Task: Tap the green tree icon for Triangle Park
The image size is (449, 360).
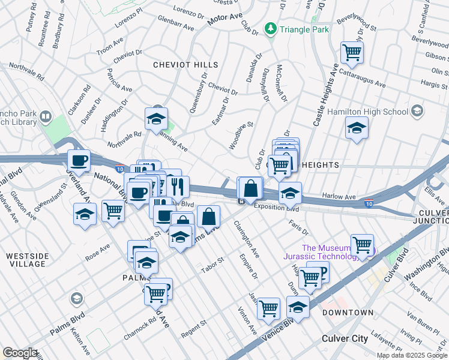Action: [x=271, y=28]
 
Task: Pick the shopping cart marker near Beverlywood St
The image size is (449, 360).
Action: [x=352, y=52]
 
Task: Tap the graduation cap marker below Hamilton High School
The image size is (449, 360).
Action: [x=357, y=128]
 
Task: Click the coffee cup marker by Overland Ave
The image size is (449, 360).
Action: [x=79, y=161]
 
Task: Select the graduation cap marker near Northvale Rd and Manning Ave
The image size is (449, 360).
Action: [x=156, y=119]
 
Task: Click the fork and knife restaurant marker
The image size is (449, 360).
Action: [x=178, y=187]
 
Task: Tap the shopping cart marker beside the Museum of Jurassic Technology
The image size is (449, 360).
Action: [x=362, y=245]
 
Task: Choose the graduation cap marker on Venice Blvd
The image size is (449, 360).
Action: [x=298, y=307]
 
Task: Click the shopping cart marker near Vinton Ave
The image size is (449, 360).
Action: [x=268, y=308]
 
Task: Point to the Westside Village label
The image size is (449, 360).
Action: [x=26, y=260]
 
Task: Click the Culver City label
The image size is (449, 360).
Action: [x=345, y=338]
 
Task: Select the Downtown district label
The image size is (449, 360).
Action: [x=348, y=313]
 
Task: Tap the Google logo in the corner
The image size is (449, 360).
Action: [x=20, y=353]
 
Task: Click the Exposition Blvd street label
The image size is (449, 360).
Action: [x=276, y=208]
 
